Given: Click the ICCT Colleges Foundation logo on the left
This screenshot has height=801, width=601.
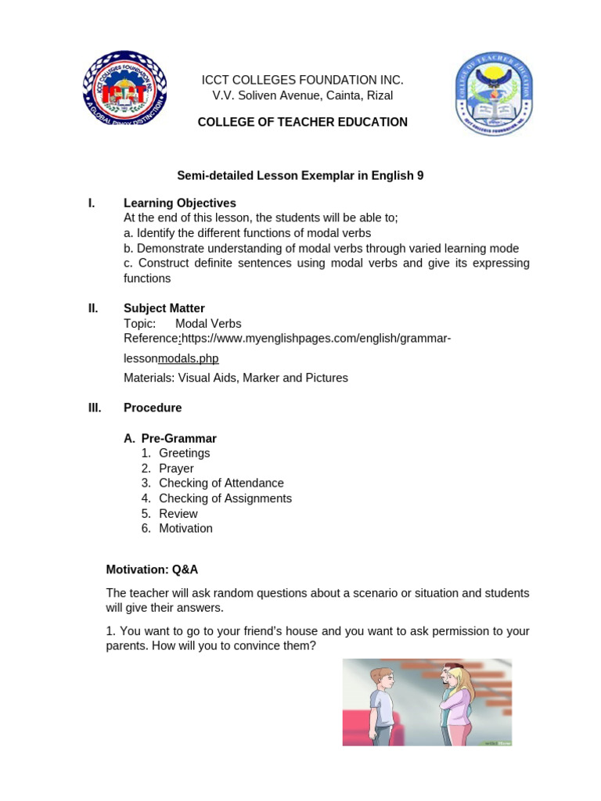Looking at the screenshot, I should click(x=124, y=92).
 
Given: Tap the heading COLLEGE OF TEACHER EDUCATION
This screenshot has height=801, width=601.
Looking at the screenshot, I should click(x=302, y=122).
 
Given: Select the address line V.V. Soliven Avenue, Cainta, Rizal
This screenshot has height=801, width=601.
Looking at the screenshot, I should click(x=302, y=95).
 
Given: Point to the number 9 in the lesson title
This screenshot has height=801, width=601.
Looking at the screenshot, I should click(x=420, y=176).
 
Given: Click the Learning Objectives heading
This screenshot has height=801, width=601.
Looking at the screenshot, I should click(x=179, y=203).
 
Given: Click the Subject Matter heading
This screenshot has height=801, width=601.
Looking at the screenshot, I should click(x=164, y=308).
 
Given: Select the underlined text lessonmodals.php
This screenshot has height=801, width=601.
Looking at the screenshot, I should click(x=188, y=358).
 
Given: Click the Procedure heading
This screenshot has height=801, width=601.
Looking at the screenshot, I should click(x=152, y=408).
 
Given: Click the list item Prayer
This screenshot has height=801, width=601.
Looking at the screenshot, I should click(x=176, y=469).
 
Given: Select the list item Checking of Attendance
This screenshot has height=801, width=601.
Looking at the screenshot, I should click(x=221, y=483).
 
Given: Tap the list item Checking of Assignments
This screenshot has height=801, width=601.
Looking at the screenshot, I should click(x=225, y=498).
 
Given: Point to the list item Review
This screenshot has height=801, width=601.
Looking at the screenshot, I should click(x=178, y=514).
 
